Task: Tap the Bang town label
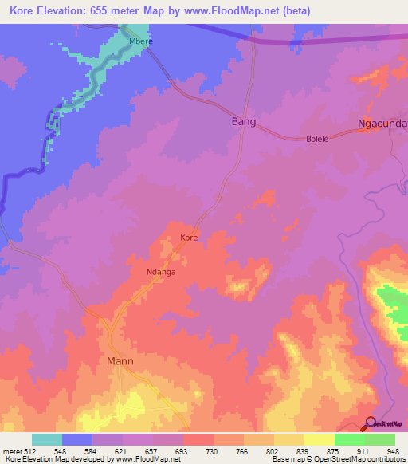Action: [244, 122]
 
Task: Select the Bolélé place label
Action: [318, 139]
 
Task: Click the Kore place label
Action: [189, 238]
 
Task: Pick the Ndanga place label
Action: [160, 270]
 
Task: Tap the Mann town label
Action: [120, 361]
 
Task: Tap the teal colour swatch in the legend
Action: [47, 439]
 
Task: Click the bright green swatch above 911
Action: [350, 439]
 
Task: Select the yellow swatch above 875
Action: [320, 439]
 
